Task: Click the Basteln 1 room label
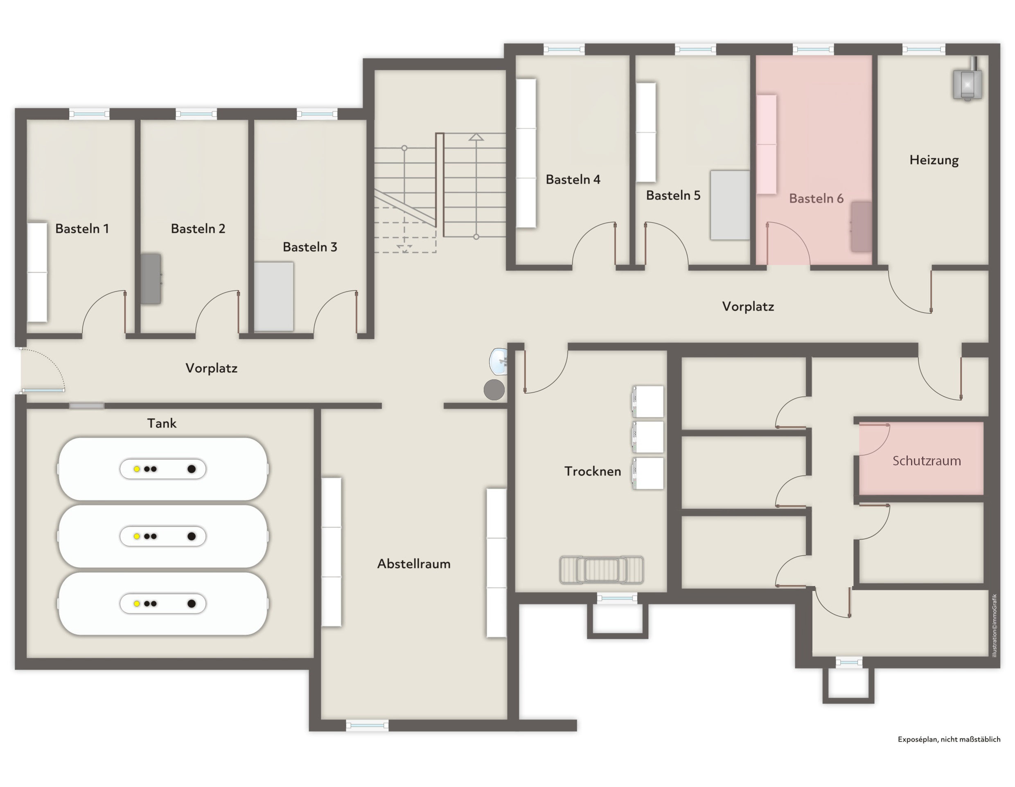click(82, 228)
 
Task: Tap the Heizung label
click(934, 160)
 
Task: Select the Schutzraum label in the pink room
click(926, 461)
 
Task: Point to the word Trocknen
click(593, 471)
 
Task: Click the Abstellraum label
click(414, 564)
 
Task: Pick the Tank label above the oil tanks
click(162, 423)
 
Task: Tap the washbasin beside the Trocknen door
click(498, 361)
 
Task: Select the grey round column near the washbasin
click(494, 390)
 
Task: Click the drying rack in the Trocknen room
click(602, 569)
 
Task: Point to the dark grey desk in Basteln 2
click(151, 279)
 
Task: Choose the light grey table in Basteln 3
click(274, 297)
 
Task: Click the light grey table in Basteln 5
click(730, 205)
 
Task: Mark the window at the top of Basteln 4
click(564, 49)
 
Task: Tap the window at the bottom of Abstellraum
click(367, 725)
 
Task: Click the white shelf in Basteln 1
click(37, 272)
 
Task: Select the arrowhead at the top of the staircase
click(476, 137)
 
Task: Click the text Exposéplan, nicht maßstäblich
click(949, 739)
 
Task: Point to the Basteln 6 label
click(816, 198)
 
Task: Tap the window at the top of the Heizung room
click(924, 49)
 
